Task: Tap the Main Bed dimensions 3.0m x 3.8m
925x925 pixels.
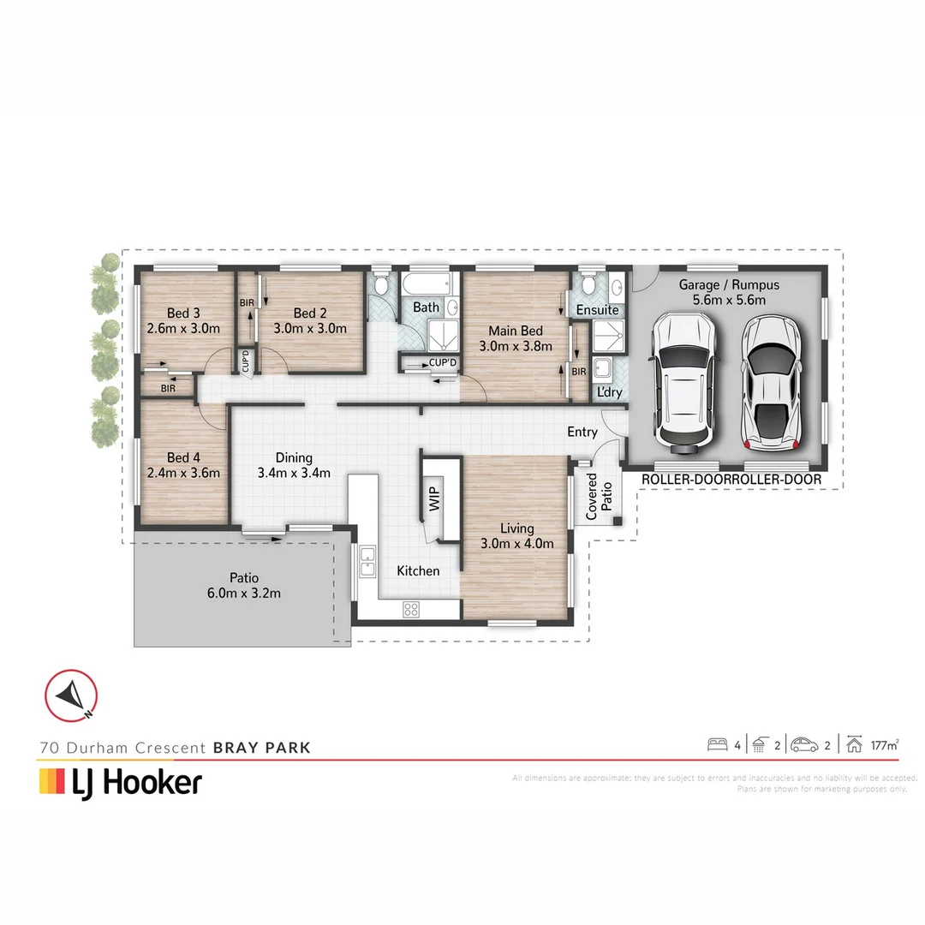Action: [x=516, y=346]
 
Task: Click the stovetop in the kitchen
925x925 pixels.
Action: [x=411, y=610]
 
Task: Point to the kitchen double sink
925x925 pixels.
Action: [x=367, y=563]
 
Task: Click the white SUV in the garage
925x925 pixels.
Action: [x=681, y=382]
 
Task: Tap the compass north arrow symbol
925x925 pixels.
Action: [x=71, y=693]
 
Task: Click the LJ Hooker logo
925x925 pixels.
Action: [x=121, y=782]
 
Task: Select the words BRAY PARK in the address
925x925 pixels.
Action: [x=261, y=748]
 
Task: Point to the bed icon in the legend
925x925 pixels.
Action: [x=717, y=744]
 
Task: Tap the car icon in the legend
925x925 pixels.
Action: [x=804, y=744]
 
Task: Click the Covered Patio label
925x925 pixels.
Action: [x=598, y=497]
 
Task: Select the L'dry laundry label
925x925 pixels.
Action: [x=609, y=392]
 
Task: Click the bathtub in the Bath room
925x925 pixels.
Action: [x=426, y=283]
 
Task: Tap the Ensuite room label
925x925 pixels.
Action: [x=597, y=309]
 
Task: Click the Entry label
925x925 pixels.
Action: [x=582, y=433]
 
